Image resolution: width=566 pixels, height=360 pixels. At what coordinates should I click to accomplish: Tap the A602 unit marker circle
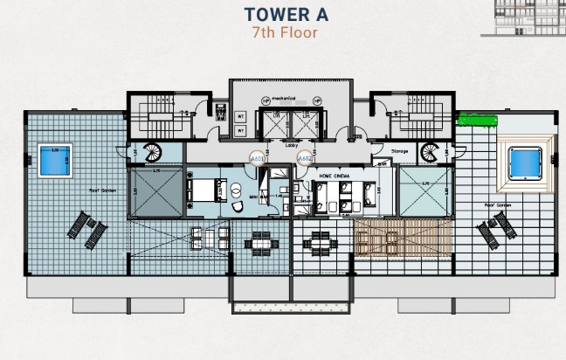pyautogui.click(x=304, y=159)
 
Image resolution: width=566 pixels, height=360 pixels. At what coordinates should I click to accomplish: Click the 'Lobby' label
pyautogui.click(x=292, y=146)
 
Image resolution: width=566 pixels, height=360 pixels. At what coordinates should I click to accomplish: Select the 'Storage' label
pyautogui.click(x=399, y=151)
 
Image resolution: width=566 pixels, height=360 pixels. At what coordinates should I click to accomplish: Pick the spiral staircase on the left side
pyautogui.click(x=152, y=152)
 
